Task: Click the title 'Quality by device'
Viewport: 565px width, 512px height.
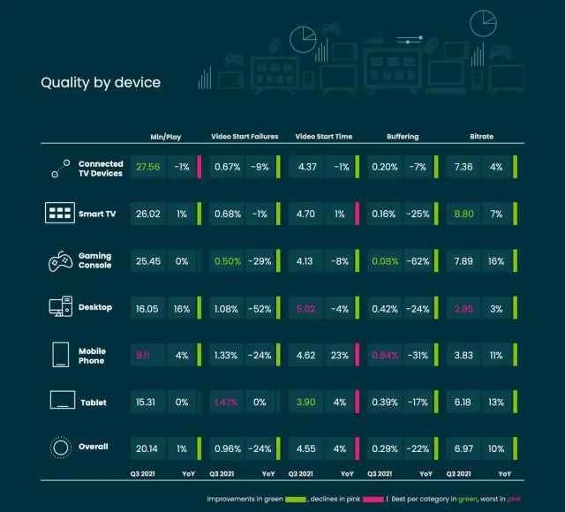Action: [x=101, y=83]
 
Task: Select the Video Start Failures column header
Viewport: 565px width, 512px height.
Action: [x=245, y=137]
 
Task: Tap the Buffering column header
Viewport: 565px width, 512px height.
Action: [x=403, y=137]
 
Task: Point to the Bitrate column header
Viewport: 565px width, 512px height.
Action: [x=481, y=137]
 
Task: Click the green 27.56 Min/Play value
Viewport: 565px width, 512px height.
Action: [x=146, y=167]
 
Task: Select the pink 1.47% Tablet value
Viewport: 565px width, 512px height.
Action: [x=226, y=403]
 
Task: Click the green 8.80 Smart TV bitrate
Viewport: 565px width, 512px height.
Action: [x=480, y=213]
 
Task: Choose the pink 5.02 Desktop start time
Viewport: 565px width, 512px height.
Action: [x=306, y=308]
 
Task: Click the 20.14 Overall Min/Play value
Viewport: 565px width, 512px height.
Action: [x=146, y=448]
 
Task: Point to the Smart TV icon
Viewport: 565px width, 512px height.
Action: [x=60, y=213]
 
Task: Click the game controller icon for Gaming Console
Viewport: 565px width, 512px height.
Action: [x=60, y=260]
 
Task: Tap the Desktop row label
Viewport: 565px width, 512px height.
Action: [x=95, y=307]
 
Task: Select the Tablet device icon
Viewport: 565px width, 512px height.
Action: [x=60, y=403]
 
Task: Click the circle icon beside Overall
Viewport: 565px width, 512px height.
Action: [x=60, y=448]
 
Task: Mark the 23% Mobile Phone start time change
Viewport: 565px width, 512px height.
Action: [x=340, y=355]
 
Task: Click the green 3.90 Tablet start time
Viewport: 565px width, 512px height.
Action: [x=306, y=403]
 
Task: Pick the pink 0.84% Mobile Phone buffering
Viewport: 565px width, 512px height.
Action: [x=385, y=355]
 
